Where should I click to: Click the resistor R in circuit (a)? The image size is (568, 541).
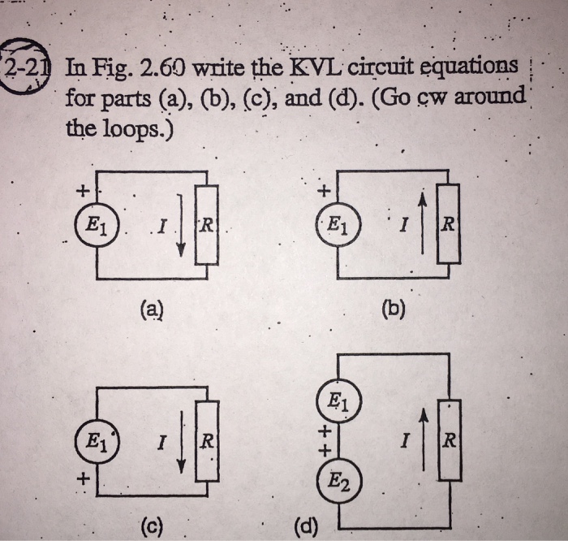point(208,225)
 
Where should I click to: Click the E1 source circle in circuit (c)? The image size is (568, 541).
point(96,443)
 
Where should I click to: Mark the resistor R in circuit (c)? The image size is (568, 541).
point(208,443)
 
